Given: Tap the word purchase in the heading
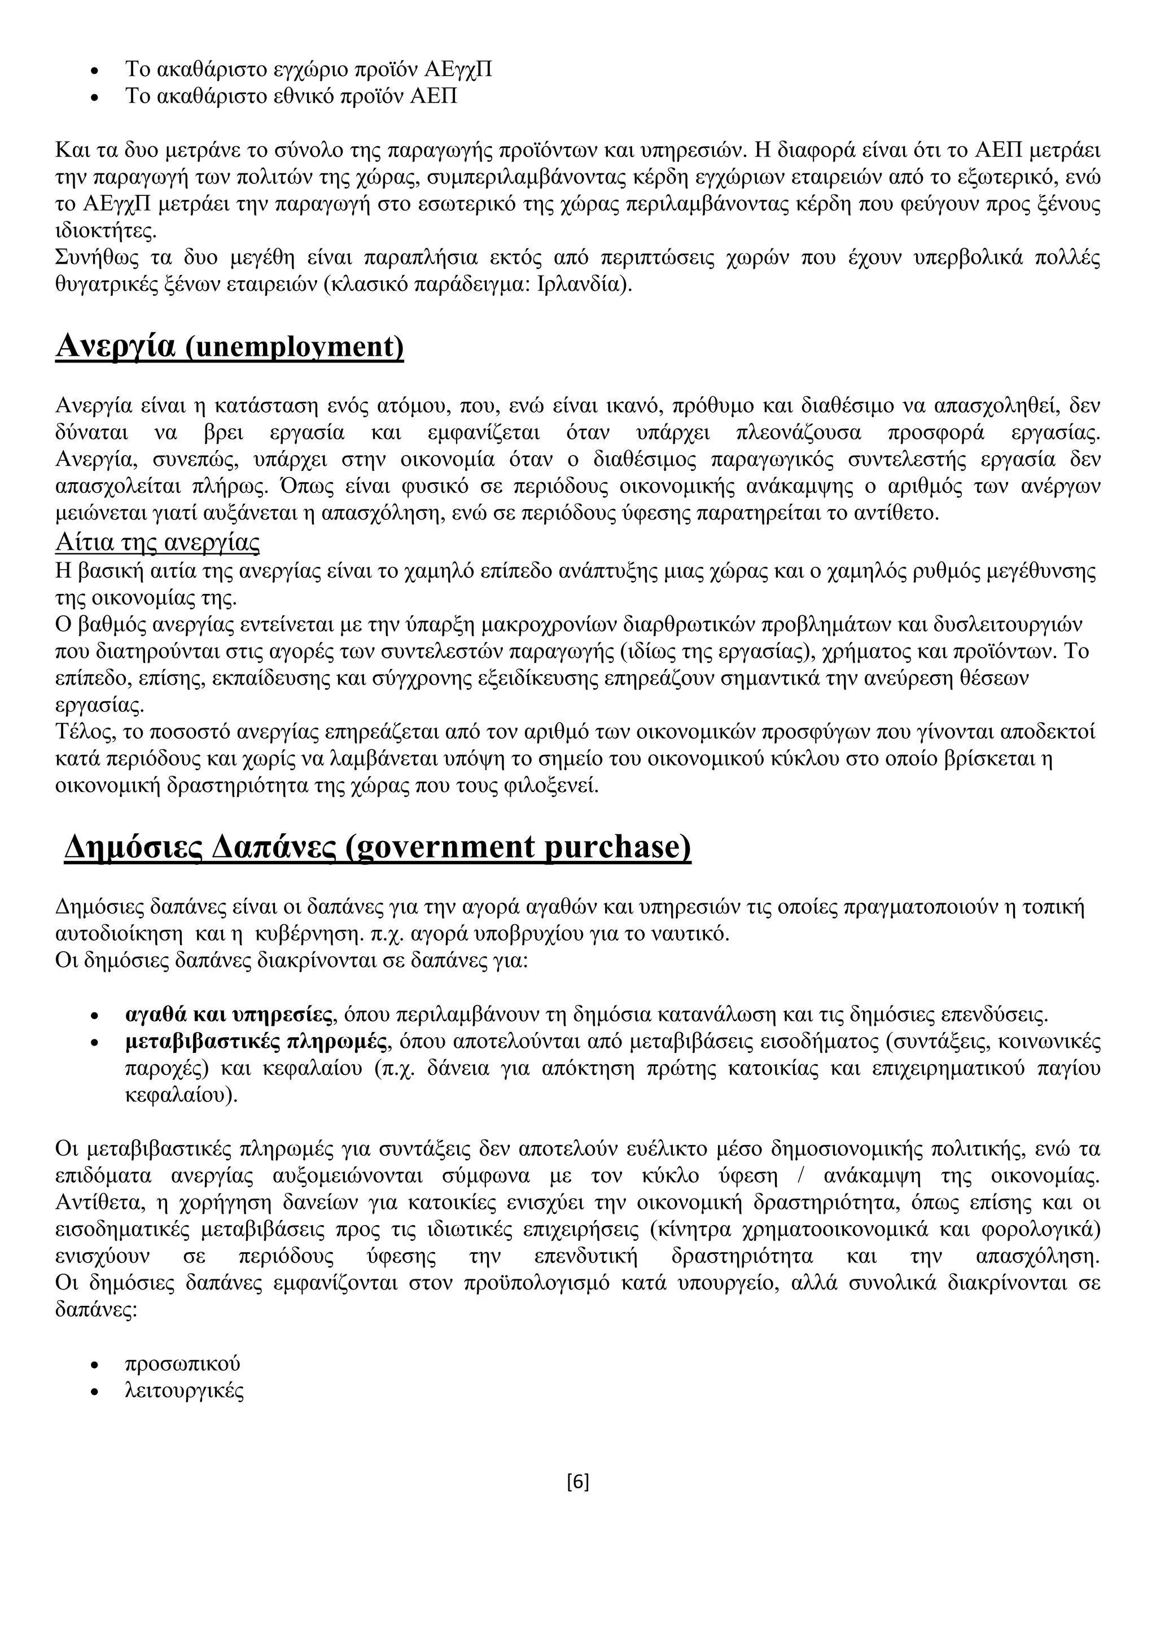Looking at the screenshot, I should [617, 847].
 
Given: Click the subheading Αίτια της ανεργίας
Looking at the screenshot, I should [157, 543].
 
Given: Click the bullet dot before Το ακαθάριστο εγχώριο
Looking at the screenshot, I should [95, 71].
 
